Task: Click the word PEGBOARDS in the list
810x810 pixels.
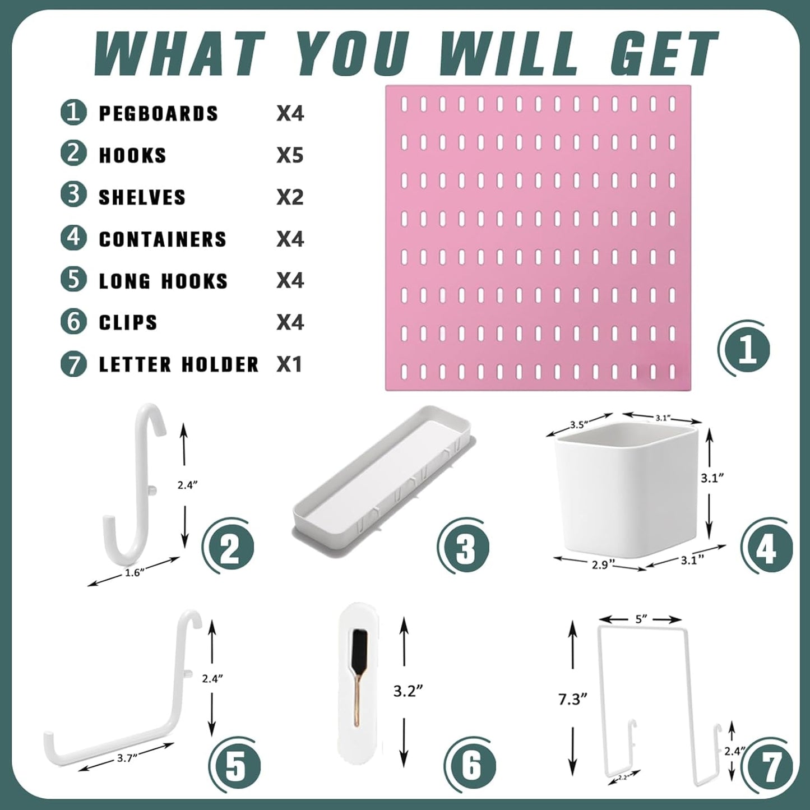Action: pos(159,114)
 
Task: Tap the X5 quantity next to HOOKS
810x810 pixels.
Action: pos(290,155)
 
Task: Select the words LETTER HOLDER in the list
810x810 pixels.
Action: pos(179,364)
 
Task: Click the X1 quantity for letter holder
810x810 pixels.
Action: pos(290,364)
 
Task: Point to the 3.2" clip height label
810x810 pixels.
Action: pos(408,691)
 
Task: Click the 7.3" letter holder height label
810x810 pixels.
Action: pos(572,699)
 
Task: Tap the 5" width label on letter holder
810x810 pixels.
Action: pos(641,619)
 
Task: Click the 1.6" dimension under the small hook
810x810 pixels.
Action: pos(135,572)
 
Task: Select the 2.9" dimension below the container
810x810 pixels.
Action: pos(600,564)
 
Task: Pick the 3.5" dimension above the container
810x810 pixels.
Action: pos(578,424)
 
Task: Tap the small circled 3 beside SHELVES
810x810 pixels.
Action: pos(73,196)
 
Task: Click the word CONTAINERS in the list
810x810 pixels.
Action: pos(163,239)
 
